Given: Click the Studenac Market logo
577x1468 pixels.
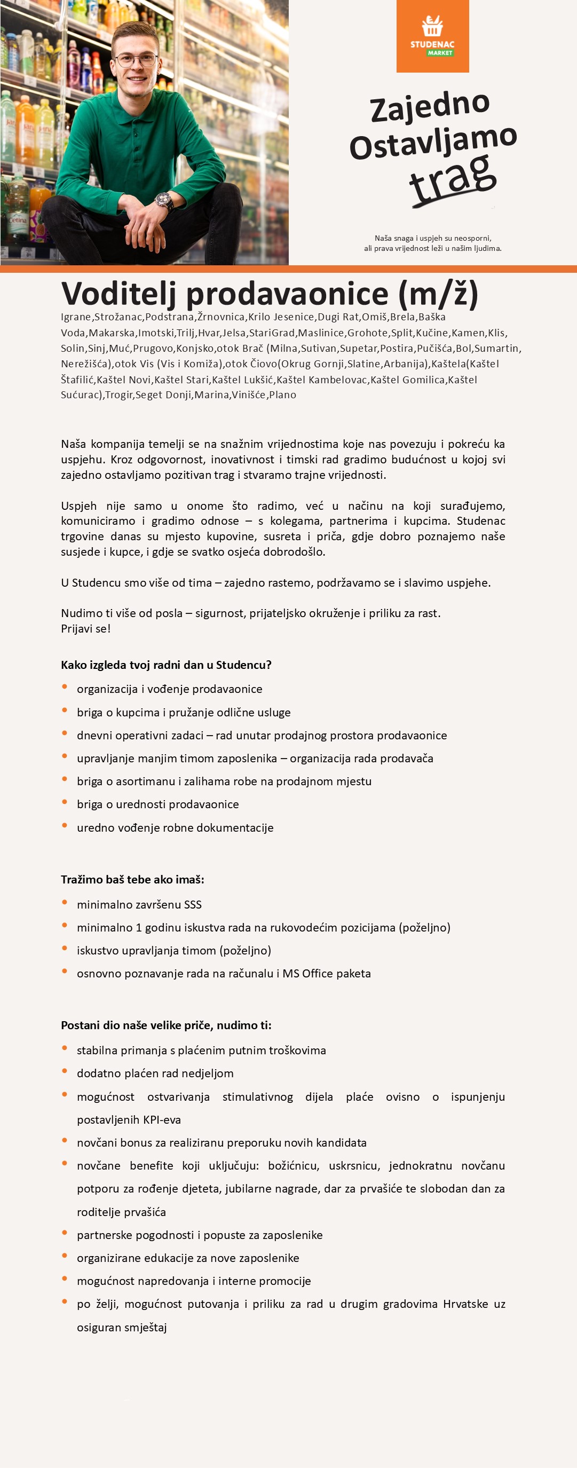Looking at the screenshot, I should [432, 36].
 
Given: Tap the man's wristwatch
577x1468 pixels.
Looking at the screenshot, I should [164, 201].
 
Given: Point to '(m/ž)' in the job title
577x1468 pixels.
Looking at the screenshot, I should [438, 294].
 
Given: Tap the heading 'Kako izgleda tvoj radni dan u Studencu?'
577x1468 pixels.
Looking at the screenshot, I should [167, 665].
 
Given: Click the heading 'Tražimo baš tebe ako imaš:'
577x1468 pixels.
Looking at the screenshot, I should [133, 879].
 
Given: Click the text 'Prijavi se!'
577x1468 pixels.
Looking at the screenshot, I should [86, 629].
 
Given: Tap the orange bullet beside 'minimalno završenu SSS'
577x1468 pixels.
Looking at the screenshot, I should [65, 903].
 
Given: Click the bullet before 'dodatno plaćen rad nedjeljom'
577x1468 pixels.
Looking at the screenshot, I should [65, 1071].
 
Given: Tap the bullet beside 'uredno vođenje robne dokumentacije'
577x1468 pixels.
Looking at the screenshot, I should [65, 826].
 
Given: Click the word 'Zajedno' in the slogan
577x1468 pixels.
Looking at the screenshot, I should [430, 107].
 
